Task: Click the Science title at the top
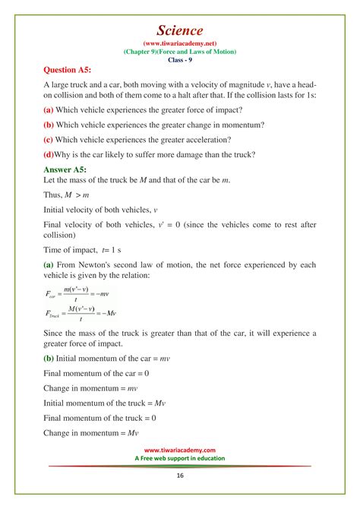point(180,30)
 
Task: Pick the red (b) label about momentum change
point(48,122)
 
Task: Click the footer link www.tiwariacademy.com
point(180,450)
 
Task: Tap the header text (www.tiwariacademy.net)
point(180,44)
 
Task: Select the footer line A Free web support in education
point(180,459)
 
